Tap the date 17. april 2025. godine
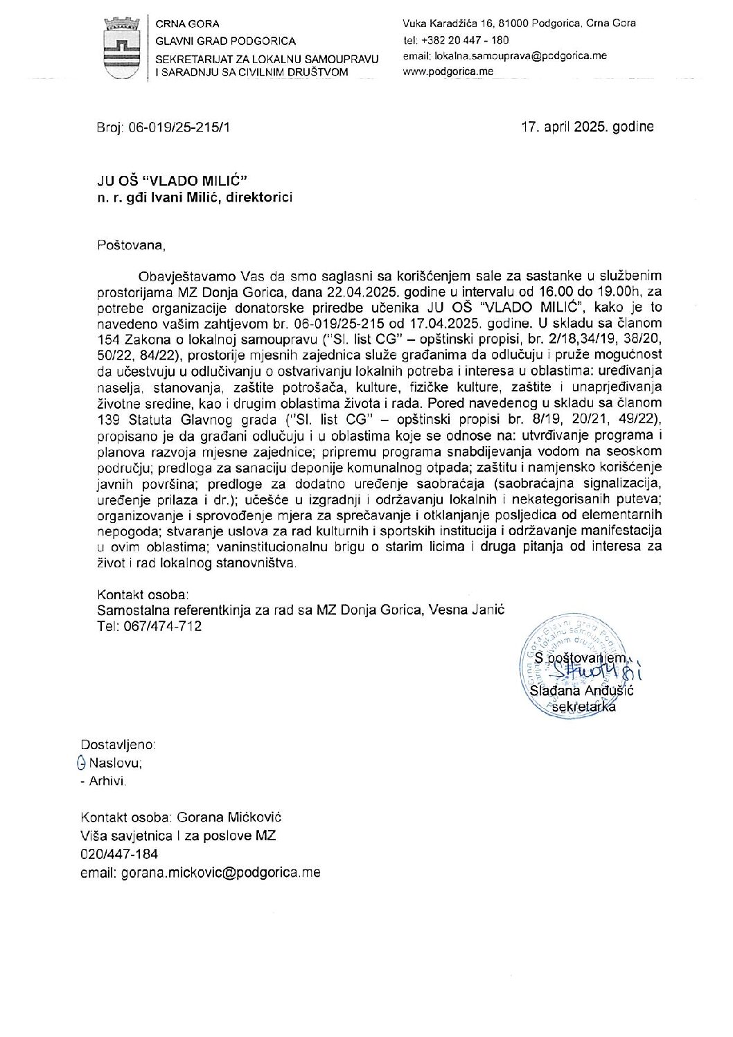coord(587,127)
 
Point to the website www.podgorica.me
coord(448,71)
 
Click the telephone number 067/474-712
coord(162,626)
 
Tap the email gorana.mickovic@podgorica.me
coord(220,873)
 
